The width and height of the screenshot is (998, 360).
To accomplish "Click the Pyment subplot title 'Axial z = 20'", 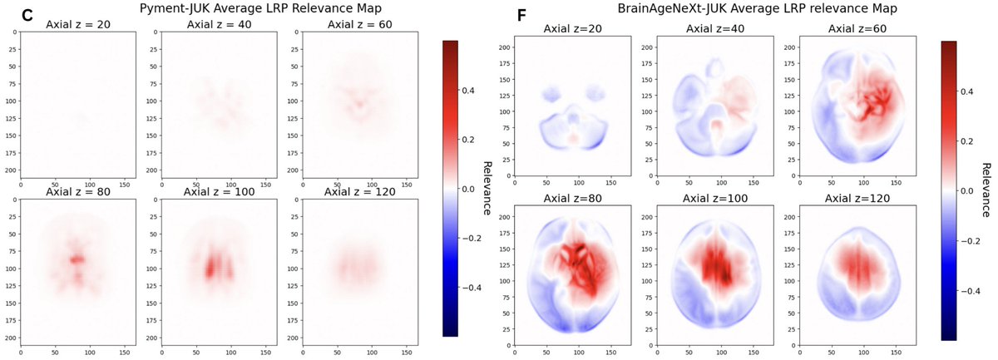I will (77, 23).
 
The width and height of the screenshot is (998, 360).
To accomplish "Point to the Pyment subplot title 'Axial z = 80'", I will (77, 195).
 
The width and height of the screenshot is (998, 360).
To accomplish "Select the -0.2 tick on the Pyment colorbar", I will (473, 238).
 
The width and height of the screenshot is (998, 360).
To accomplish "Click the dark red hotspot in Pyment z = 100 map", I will (210, 267).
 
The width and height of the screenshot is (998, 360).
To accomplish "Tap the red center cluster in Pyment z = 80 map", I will (77, 260).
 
